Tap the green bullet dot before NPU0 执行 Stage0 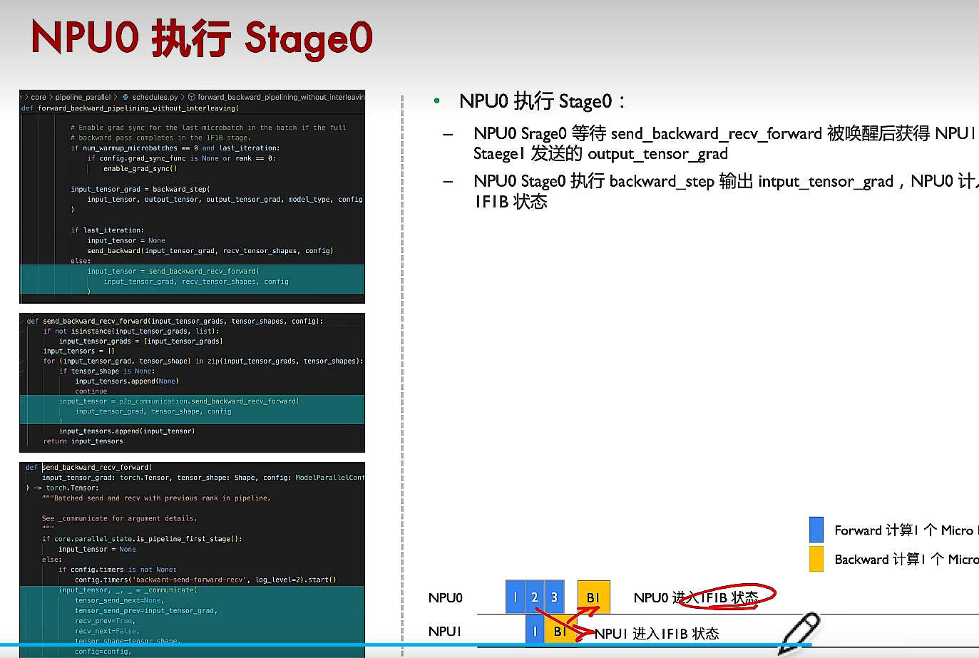[436, 101]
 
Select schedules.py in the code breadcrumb [155, 97]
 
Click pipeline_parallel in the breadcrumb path [83, 97]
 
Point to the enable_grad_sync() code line [140, 169]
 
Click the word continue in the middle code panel [91, 391]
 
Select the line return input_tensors [83, 441]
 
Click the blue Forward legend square [816, 530]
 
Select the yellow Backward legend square [816, 559]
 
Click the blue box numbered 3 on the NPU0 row [554, 597]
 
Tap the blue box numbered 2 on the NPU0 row [534, 597]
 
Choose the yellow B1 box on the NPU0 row [593, 597]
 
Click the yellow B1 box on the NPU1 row [560, 630]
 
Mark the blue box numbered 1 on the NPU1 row [535, 631]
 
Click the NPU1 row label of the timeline [445, 632]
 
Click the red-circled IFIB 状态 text [729, 597]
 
